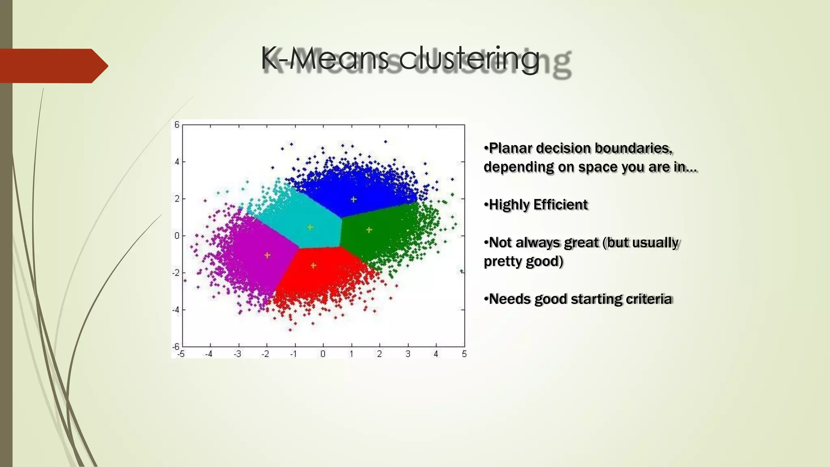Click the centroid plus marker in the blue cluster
(353, 199)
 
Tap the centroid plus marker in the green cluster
(369, 230)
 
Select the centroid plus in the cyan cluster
(310, 227)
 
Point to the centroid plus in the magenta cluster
(267, 255)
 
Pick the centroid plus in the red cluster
(313, 266)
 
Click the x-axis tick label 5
(464, 354)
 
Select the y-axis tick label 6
(177, 125)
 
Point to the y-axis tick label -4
(175, 310)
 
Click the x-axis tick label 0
(323, 354)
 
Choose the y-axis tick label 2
(177, 199)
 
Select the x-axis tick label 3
(408, 354)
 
